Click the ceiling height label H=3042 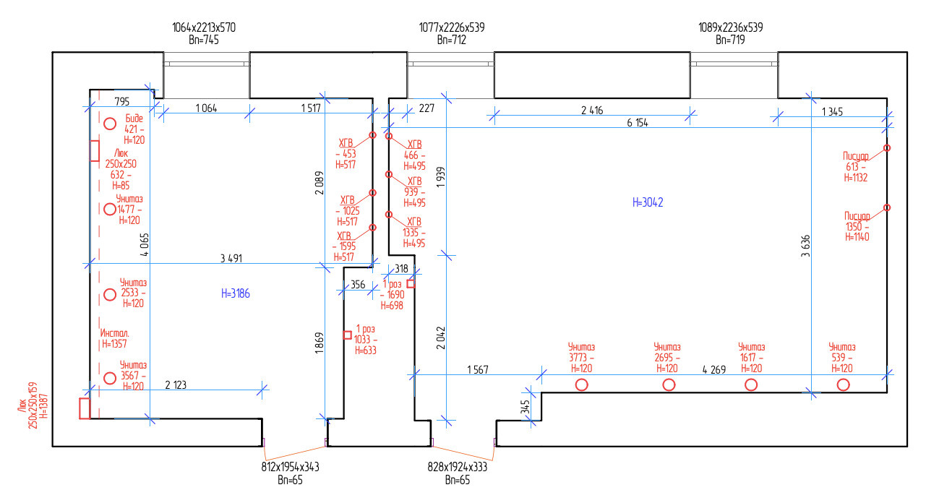tap(648, 202)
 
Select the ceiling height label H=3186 tap(236, 294)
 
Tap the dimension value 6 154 tap(638, 123)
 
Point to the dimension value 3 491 tap(231, 259)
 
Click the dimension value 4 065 tap(145, 245)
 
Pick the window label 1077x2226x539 tap(451, 27)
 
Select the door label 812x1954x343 tap(290, 467)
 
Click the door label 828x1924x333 tap(457, 467)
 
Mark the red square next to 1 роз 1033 tap(347, 335)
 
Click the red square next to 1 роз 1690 tap(411, 284)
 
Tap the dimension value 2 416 tap(592, 111)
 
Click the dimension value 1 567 tap(478, 370)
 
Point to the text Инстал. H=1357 tap(114, 338)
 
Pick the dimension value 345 tap(525, 407)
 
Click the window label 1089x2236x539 tap(731, 27)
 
